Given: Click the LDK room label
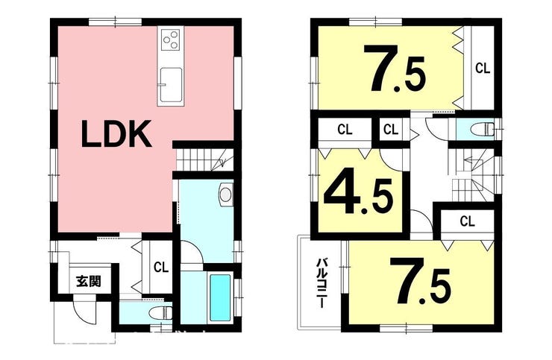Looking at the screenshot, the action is coord(116,133).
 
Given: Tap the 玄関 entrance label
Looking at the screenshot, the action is coord(89,281).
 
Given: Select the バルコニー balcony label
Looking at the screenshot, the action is coord(322,283).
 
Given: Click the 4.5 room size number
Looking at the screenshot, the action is coord(359,196).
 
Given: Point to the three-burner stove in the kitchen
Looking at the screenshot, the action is coord(171,40).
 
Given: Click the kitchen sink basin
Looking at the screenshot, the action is coord(171,84).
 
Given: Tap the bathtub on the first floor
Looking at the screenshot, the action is coord(220,297).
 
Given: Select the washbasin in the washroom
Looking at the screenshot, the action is coord(225,194).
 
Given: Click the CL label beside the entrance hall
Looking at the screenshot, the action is coord(161,268).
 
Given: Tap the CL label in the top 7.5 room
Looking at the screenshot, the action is coord(483,69).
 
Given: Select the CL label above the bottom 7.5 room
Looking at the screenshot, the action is coord(467,221).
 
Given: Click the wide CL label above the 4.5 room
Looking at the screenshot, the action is coord(345,130).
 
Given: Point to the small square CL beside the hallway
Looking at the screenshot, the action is coord(390,130).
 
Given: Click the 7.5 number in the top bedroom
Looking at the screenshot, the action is coord(395,69).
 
